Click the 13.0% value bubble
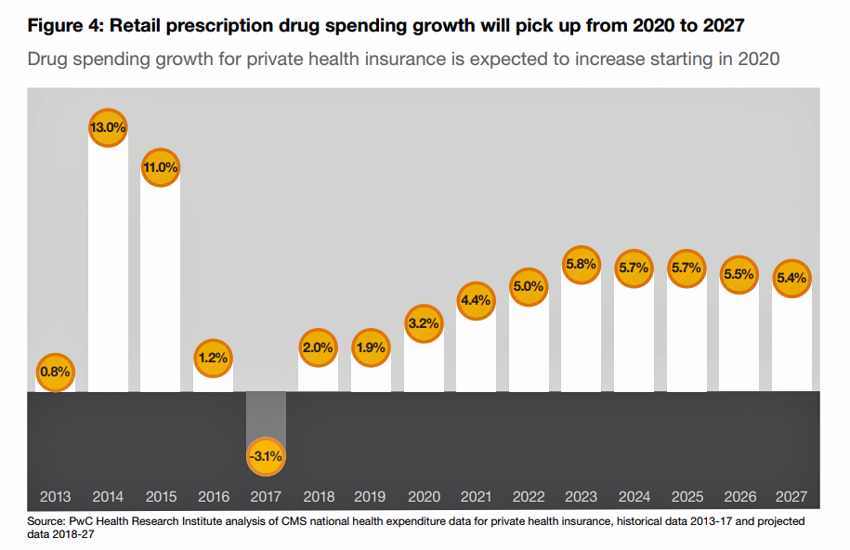108,126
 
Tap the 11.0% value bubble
160,167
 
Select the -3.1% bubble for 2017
265,456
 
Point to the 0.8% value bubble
55,373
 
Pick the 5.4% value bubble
792,278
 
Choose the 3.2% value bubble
424,324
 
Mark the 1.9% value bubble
371,348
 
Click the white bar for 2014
108,269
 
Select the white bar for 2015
160,288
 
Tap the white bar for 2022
529,344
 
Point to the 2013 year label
55,497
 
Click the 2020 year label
424,497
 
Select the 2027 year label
792,497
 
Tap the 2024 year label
634,497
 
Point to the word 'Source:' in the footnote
46,521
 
